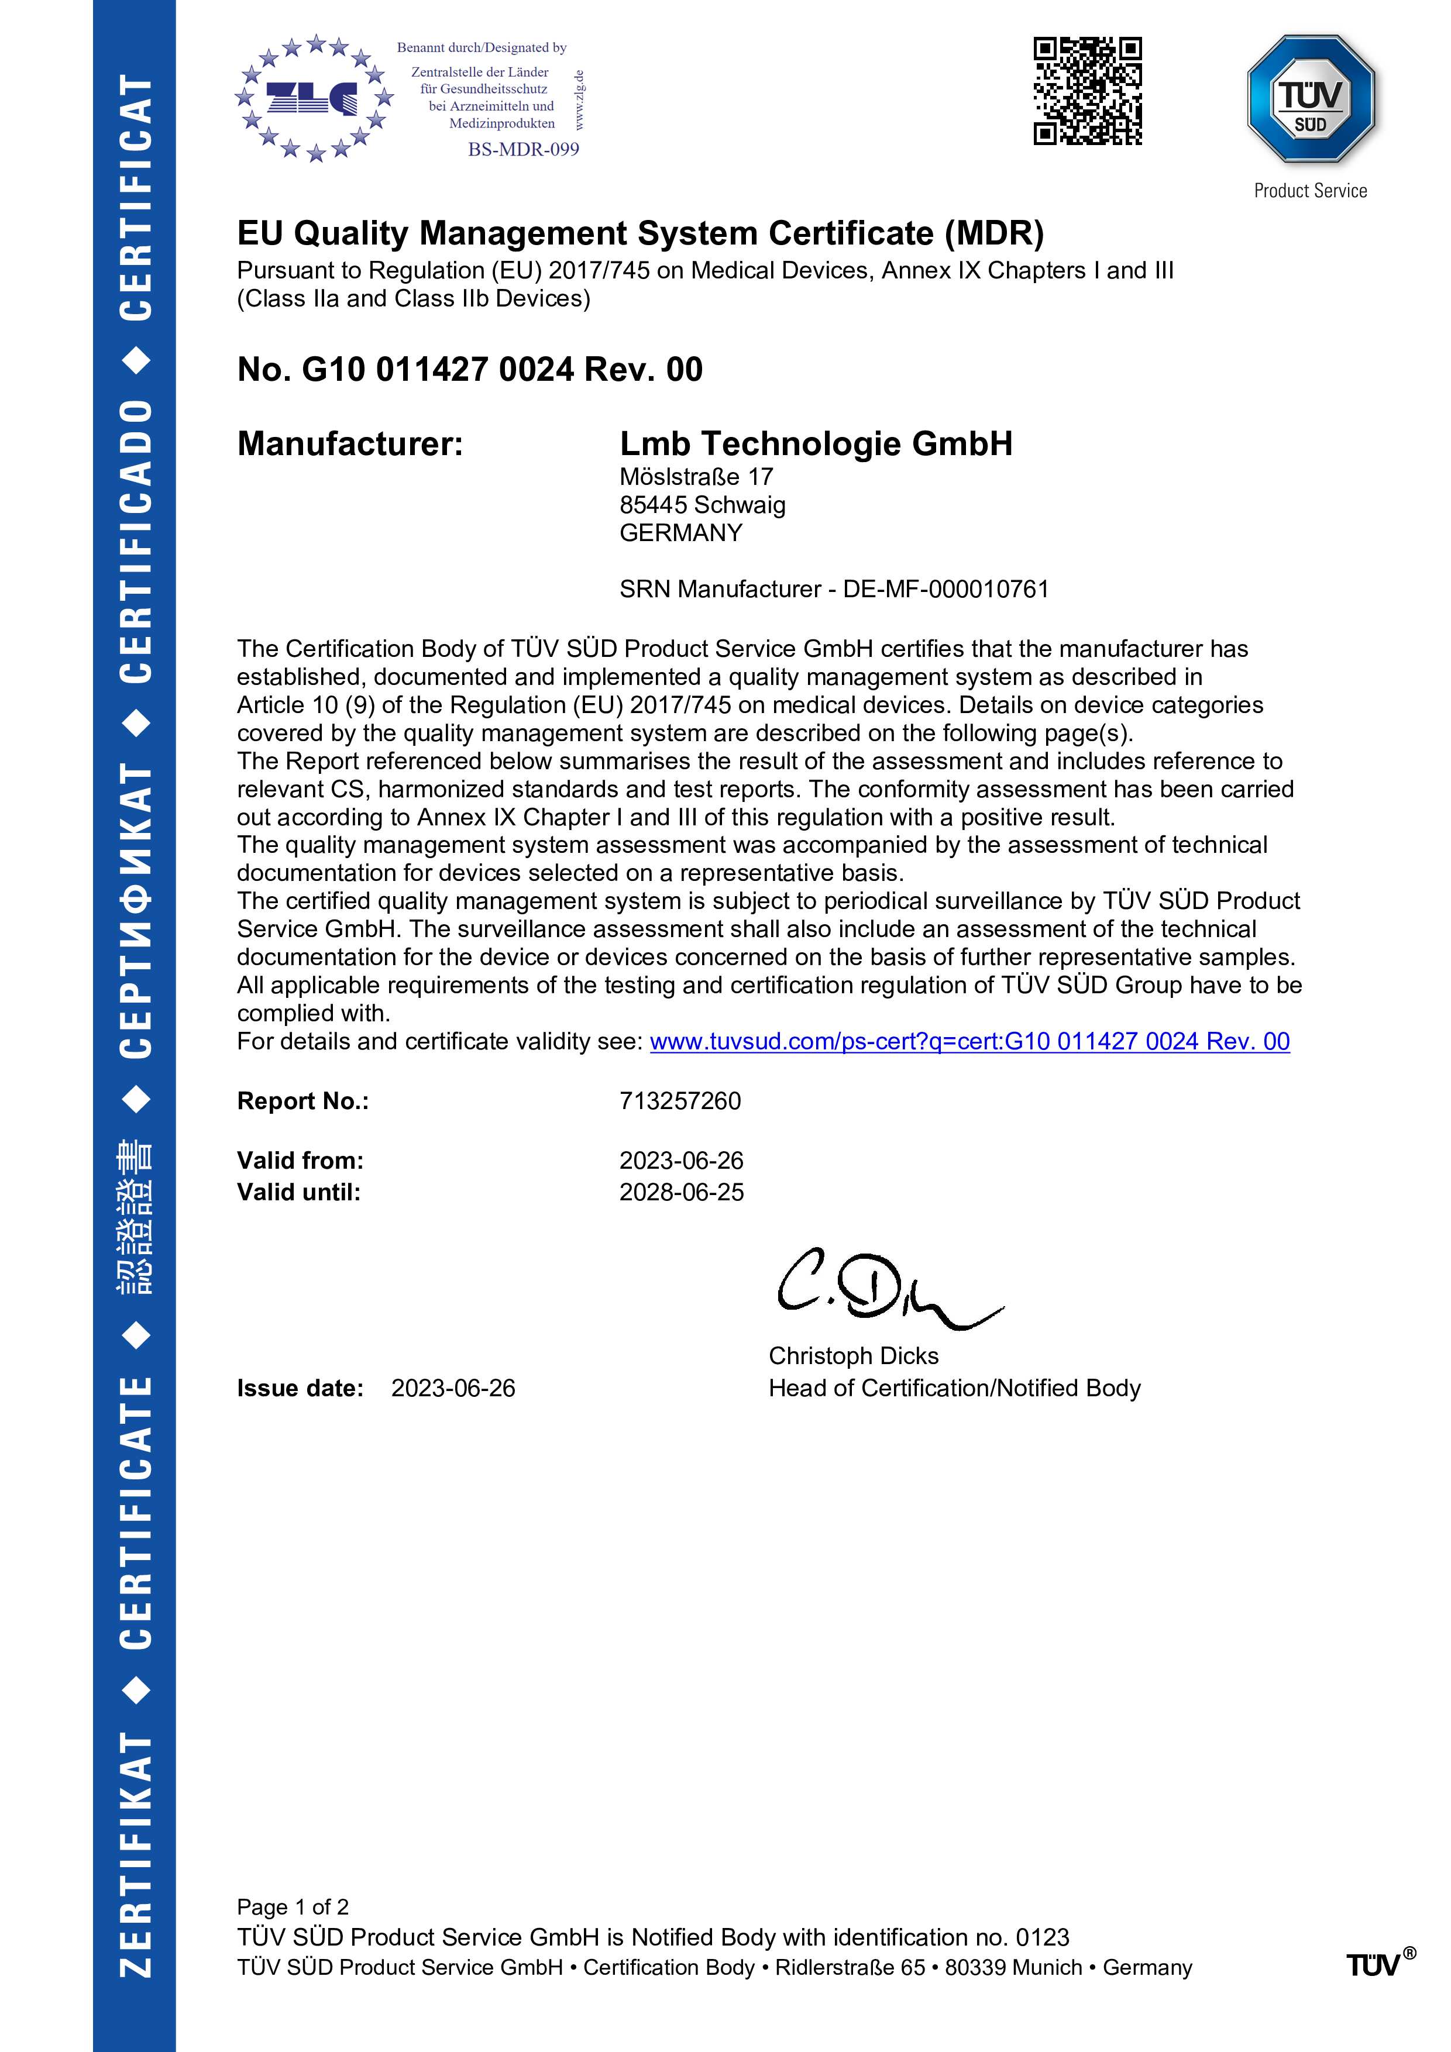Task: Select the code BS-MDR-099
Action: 523,149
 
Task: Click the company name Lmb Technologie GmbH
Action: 816,443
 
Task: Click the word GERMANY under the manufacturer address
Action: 680,533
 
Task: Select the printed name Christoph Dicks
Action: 853,1356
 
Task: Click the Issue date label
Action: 300,1388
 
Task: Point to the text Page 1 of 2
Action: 293,1906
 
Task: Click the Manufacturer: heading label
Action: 349,443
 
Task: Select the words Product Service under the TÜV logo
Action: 1310,190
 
